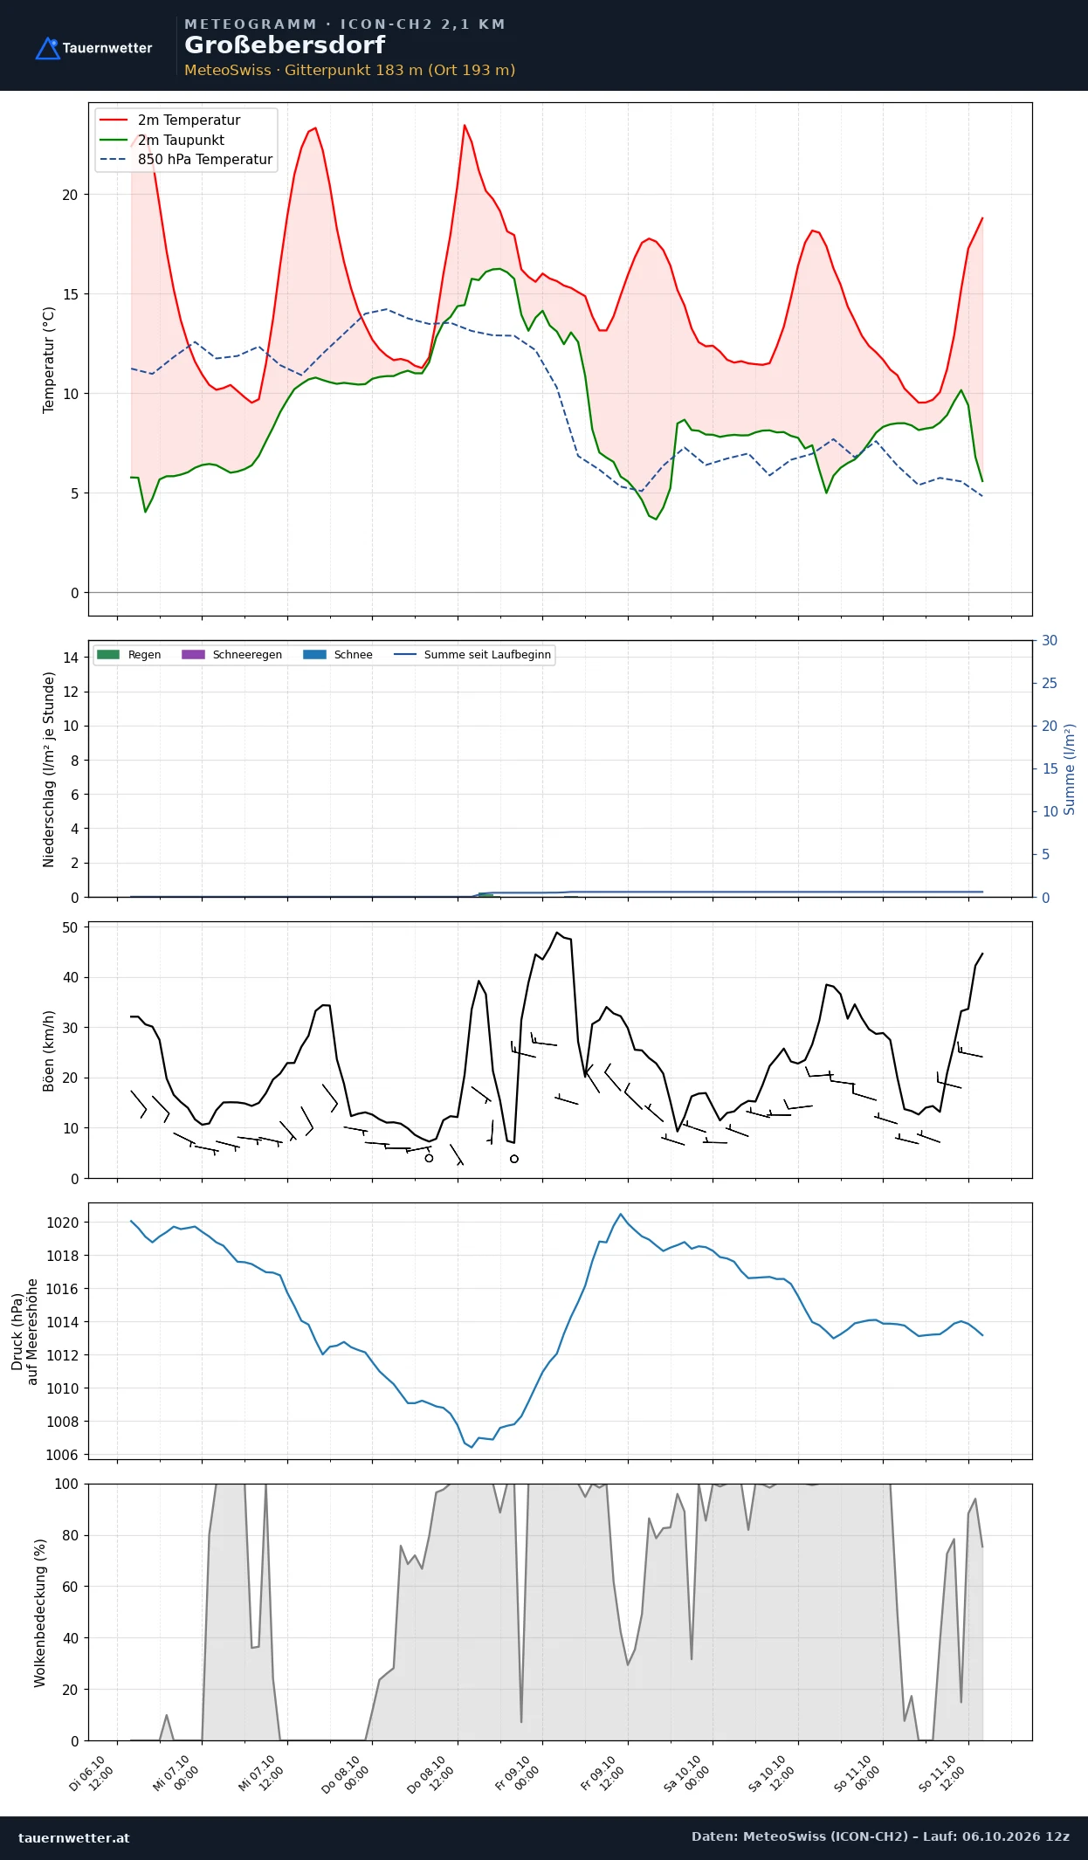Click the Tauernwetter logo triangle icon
pos(47,49)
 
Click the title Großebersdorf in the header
pos(285,45)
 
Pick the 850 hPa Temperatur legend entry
pos(186,160)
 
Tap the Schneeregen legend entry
pos(231,655)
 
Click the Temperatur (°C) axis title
pos(49,360)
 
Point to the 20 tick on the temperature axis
pos(70,195)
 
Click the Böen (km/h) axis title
pos(49,1051)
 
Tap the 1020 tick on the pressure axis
pos(62,1223)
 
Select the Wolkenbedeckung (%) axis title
pos(39,1613)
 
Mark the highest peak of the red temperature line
pos(465,125)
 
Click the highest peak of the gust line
pos(557,933)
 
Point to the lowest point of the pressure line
pos(472,1447)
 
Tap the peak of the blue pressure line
pos(621,1214)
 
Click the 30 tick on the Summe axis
pos(1050,641)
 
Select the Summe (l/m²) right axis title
pos(1070,769)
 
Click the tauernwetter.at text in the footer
pos(74,1837)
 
